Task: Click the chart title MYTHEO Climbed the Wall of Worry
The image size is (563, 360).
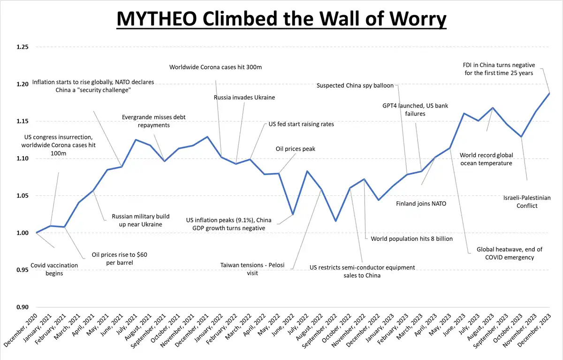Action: pos(281,19)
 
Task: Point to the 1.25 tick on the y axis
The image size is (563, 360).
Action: pos(22,47)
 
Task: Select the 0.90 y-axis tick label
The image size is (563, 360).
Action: pos(22,307)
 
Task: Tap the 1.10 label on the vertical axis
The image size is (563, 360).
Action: pos(22,159)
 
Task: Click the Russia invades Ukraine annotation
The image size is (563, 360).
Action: pos(244,98)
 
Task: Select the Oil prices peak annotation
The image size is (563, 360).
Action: pos(295,149)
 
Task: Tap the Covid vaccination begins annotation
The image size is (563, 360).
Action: pos(54,269)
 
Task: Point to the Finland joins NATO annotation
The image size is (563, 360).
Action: pos(421,204)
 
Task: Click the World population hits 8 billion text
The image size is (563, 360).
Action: pos(411,238)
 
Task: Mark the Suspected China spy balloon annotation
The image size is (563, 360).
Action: pos(355,85)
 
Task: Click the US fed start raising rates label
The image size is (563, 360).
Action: pos(301,124)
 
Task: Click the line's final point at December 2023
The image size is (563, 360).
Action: pos(549,93)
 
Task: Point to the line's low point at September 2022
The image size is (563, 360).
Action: pos(335,221)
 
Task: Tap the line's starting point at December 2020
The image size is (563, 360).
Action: pos(36,233)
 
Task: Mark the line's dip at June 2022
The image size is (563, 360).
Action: pos(293,214)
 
